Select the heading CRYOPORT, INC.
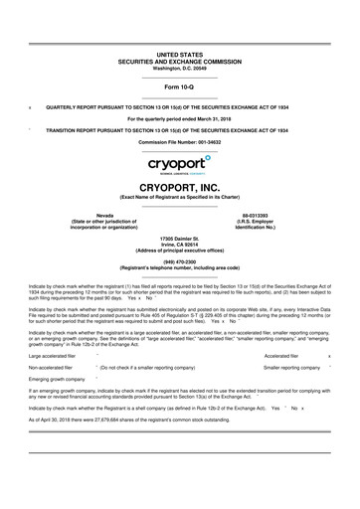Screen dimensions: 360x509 [x=180, y=186]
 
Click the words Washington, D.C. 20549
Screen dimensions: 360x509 [x=180, y=68]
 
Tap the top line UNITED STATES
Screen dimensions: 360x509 [x=180, y=55]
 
